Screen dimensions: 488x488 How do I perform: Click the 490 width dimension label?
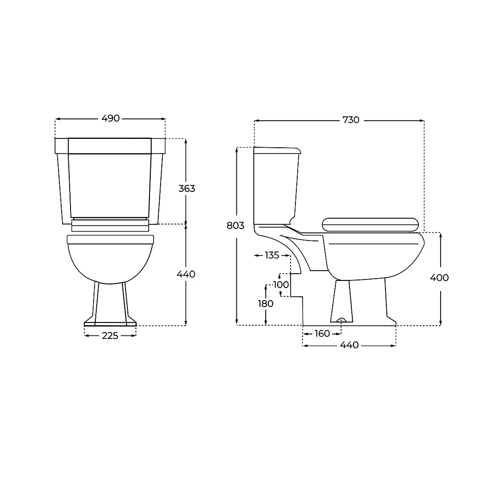point(110,118)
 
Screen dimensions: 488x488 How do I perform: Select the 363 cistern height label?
point(187,188)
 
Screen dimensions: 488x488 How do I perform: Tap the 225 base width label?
point(110,335)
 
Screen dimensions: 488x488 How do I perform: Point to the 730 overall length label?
point(351,120)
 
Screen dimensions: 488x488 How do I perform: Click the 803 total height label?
point(235,225)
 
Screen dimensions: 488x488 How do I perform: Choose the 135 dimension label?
point(272,255)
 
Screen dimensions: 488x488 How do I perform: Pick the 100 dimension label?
point(281,284)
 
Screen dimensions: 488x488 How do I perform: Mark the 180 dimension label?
point(265,303)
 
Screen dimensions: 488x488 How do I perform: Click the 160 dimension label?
point(322,334)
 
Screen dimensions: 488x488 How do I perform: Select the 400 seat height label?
point(439,278)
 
